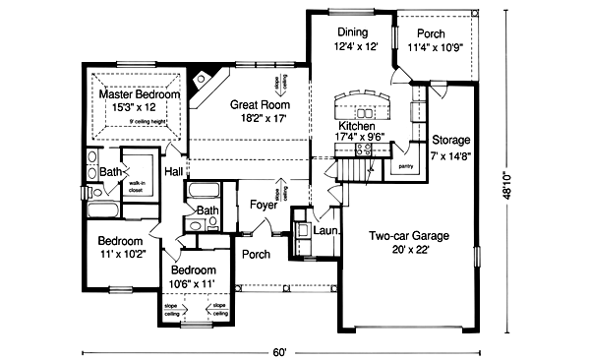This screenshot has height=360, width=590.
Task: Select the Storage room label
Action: [x=450, y=141]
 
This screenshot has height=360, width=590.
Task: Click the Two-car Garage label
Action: [x=408, y=235]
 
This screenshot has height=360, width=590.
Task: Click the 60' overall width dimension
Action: [x=280, y=350]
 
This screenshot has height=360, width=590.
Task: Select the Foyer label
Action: [x=263, y=206]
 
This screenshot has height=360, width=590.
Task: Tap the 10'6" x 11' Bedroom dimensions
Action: [x=193, y=283]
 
